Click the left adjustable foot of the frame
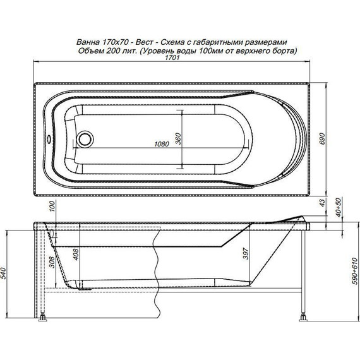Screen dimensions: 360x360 coord(44,318)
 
